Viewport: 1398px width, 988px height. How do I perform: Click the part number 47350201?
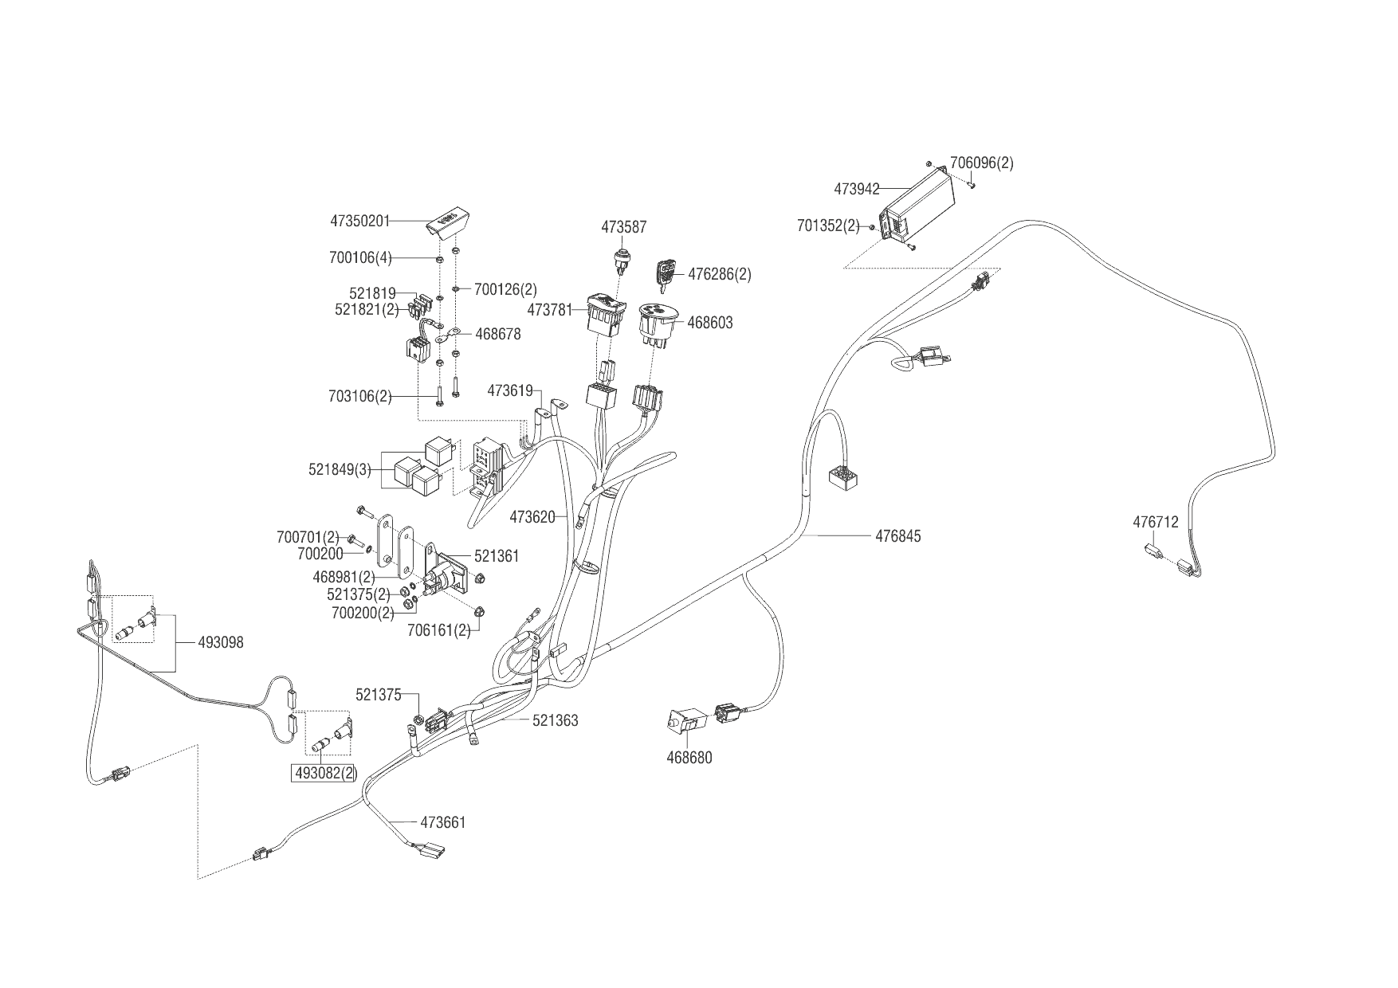point(360,220)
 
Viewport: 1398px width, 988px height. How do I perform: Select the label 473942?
point(857,190)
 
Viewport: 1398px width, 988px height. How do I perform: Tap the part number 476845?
point(897,536)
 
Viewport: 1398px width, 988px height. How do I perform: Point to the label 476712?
point(1155,523)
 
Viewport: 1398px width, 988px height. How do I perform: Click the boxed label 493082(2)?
point(325,773)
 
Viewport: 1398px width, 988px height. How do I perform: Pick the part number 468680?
point(689,758)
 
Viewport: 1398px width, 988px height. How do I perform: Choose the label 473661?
point(442,822)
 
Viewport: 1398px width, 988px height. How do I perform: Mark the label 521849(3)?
point(340,470)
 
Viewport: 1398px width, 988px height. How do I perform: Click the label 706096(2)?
point(981,163)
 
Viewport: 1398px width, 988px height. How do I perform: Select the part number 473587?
point(623,227)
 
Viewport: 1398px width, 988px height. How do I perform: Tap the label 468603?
point(709,323)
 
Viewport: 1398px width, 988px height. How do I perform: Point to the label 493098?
point(221,642)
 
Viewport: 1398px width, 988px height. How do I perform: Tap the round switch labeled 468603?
point(658,322)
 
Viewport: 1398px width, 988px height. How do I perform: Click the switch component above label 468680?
point(685,722)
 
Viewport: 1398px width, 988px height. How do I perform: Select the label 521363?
point(555,720)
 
